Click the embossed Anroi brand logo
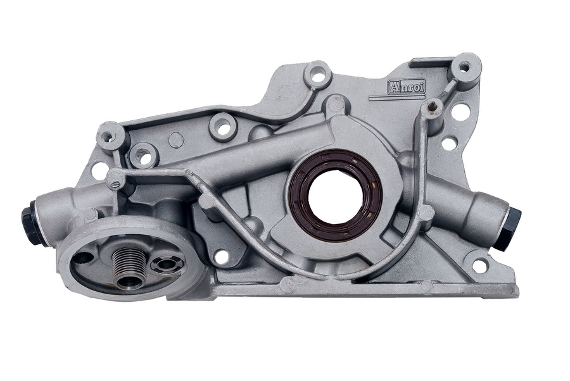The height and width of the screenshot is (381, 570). [x=407, y=87]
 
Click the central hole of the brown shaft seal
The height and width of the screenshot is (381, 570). [x=335, y=196]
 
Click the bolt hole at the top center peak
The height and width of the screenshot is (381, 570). [x=317, y=77]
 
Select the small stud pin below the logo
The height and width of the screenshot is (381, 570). [x=431, y=106]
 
